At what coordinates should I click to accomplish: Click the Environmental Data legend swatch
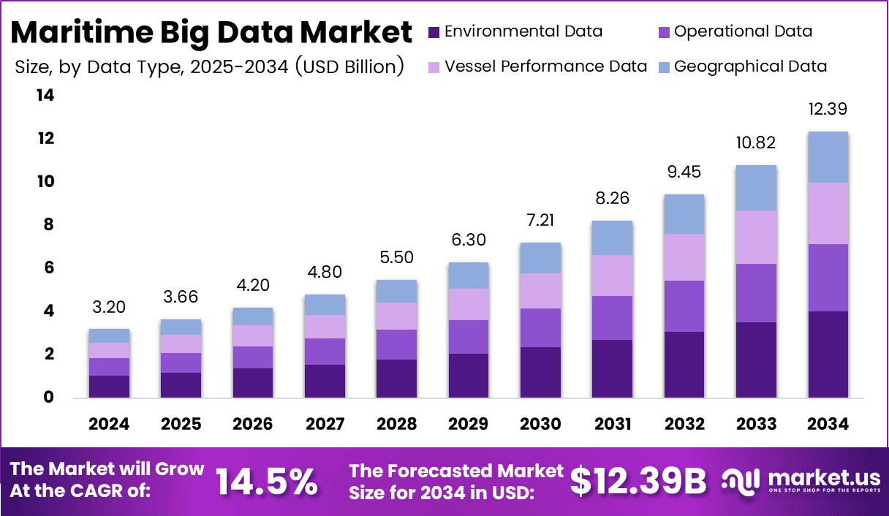(434, 31)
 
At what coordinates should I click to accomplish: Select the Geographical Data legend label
(750, 67)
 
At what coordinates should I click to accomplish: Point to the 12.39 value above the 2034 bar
(828, 110)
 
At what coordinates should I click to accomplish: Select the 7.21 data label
(541, 220)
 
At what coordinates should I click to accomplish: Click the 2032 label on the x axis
(684, 425)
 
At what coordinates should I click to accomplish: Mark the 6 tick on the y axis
(49, 268)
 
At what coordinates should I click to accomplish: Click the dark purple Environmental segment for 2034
(828, 354)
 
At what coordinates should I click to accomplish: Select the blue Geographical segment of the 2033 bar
(756, 188)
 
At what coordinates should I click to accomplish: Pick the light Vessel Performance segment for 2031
(613, 276)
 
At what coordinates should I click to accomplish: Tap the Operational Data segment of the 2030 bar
(541, 327)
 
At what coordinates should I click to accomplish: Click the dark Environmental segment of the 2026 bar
(253, 383)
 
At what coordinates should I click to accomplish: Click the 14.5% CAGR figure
(267, 481)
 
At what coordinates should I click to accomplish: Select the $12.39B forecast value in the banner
(638, 481)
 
